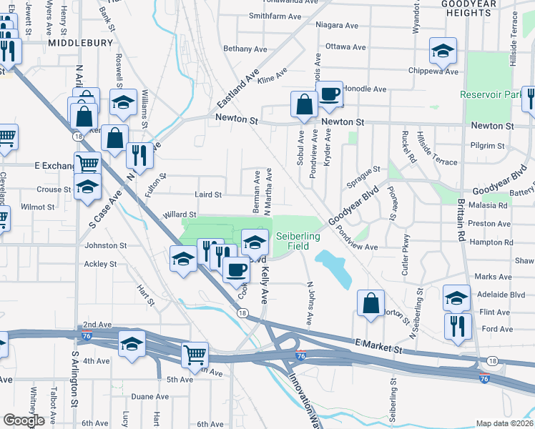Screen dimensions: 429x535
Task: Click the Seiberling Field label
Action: [x=292, y=240]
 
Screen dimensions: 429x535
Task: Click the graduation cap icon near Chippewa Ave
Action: [x=443, y=51]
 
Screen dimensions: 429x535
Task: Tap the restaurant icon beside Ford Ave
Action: [x=456, y=325]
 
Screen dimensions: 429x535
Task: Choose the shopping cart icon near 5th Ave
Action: [x=195, y=354]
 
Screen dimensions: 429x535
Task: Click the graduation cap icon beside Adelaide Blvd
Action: [x=456, y=297]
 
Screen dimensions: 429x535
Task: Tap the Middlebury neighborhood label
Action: [x=80, y=43]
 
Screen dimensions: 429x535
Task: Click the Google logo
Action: [x=24, y=420]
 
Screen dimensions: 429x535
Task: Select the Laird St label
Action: [x=208, y=194]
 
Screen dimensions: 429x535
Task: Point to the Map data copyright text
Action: [x=504, y=423]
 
